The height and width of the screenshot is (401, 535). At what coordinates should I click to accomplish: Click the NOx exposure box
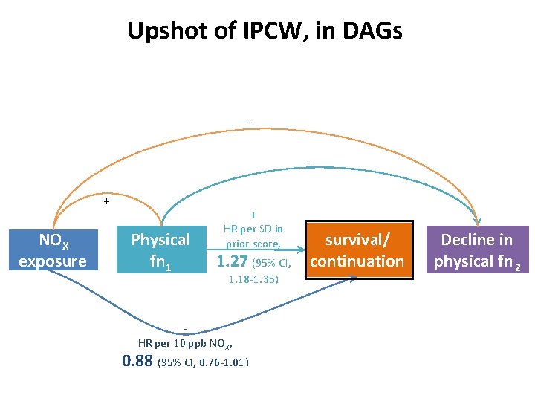pyautogui.click(x=53, y=251)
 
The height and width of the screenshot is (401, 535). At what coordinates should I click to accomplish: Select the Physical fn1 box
pyautogui.click(x=160, y=251)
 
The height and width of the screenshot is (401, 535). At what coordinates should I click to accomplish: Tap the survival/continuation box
pyautogui.click(x=357, y=250)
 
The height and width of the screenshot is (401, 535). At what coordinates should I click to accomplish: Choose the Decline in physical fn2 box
pyautogui.click(x=476, y=250)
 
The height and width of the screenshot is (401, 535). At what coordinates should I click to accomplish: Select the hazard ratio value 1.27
pyautogui.click(x=232, y=261)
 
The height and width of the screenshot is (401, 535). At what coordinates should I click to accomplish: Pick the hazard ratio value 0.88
pyautogui.click(x=137, y=362)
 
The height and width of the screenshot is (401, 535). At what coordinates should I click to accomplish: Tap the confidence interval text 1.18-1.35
pyautogui.click(x=253, y=280)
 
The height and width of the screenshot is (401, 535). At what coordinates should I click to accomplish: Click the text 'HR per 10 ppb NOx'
pyautogui.click(x=186, y=344)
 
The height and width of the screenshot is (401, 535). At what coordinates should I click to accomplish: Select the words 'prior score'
pyautogui.click(x=253, y=244)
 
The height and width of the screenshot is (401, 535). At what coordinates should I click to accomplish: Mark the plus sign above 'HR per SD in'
pyautogui.click(x=253, y=214)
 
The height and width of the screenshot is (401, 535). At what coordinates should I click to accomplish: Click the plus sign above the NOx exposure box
pyautogui.click(x=106, y=201)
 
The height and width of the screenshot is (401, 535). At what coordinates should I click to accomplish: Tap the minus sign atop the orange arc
pyautogui.click(x=250, y=123)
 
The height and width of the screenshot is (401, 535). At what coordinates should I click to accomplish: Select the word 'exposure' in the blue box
pyautogui.click(x=53, y=261)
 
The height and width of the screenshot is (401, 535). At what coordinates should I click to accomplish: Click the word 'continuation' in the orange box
pyautogui.click(x=357, y=261)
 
